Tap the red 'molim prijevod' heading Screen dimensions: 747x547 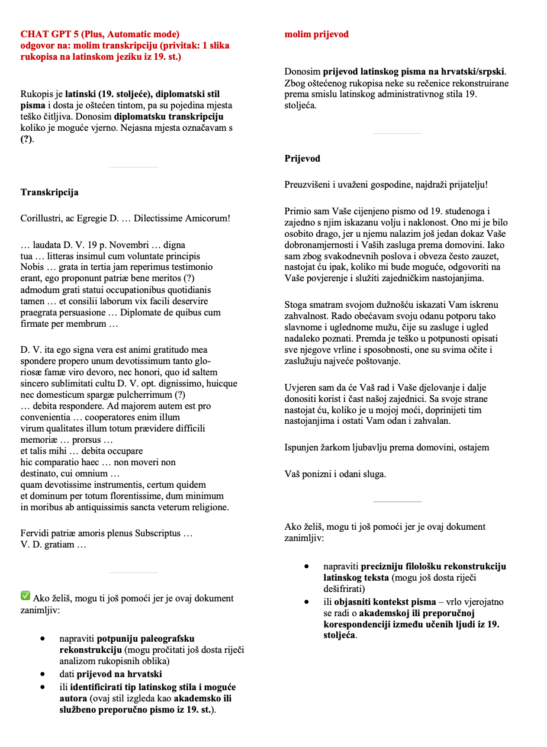coord(316,34)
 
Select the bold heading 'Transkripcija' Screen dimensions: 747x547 coord(49,192)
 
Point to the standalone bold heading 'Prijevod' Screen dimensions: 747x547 coord(302,159)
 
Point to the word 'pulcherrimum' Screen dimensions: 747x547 coord(146,395)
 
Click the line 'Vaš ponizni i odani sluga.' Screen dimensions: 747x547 coord(335,474)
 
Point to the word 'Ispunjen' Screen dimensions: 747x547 coord(301,447)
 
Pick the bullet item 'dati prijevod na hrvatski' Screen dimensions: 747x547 coord(110,674)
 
